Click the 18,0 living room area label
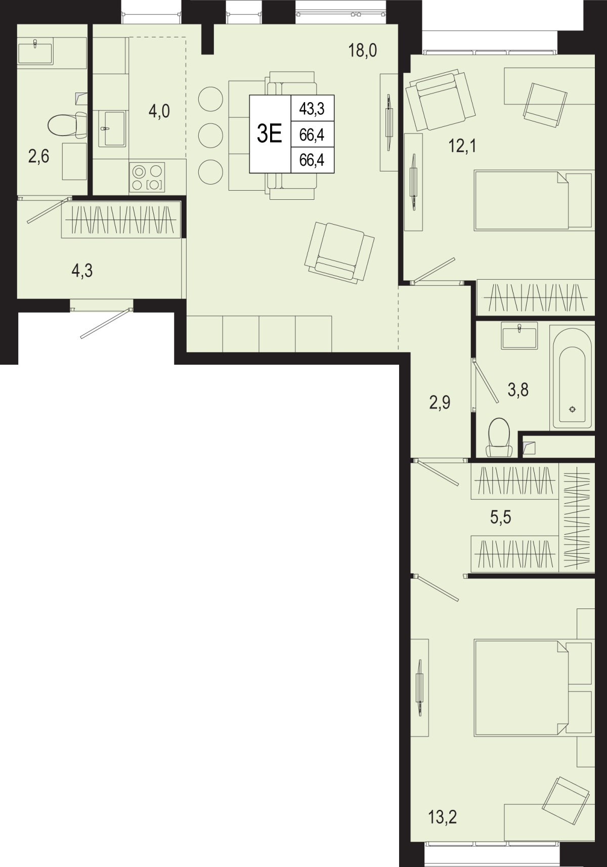(x=362, y=51)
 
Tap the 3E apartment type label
(x=269, y=134)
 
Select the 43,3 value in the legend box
(x=312, y=109)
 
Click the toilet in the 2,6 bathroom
(x=68, y=124)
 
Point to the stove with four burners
(x=147, y=177)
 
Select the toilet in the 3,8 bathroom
(x=499, y=438)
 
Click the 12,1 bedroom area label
(x=463, y=146)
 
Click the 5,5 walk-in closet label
(x=501, y=517)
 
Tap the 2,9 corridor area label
(x=440, y=403)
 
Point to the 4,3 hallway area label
(x=82, y=271)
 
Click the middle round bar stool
(x=210, y=136)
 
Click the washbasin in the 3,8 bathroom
(x=519, y=335)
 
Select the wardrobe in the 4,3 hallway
(x=121, y=220)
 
